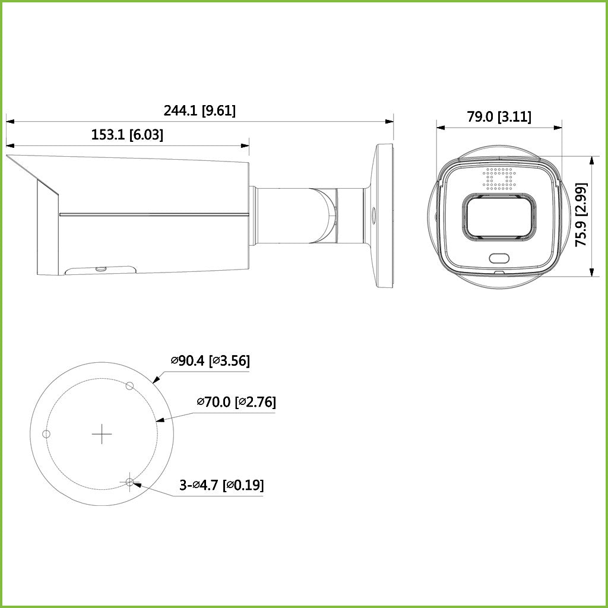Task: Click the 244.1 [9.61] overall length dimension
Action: point(199,110)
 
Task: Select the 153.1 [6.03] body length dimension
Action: point(127,135)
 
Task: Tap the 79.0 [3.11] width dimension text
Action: point(499,117)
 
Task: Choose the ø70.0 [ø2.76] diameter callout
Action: point(236,402)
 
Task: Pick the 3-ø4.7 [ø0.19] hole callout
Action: point(221,485)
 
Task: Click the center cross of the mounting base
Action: point(102,435)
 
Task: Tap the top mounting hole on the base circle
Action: point(130,386)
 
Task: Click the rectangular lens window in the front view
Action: point(499,217)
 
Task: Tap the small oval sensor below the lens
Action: point(499,258)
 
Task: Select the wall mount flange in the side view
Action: point(384,215)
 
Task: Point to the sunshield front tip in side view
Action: point(8,157)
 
